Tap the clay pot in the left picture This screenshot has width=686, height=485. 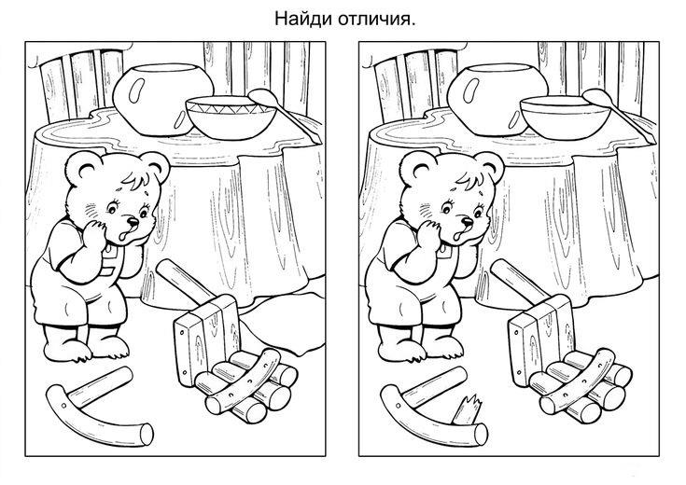click(x=158, y=99)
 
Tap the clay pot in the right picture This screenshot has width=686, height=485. click(x=492, y=99)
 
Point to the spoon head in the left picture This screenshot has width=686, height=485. click(x=262, y=97)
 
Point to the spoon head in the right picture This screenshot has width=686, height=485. click(x=597, y=97)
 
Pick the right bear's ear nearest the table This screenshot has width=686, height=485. click(x=491, y=167)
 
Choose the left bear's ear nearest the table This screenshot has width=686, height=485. click(x=156, y=167)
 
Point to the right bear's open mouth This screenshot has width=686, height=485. click(x=456, y=237)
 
